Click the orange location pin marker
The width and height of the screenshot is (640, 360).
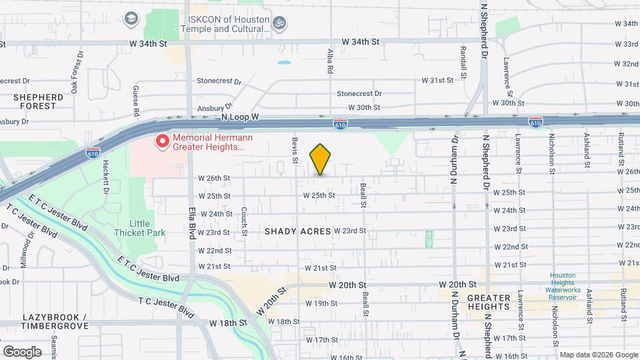(x=321, y=159)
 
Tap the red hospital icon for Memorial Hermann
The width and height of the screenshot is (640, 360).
(x=161, y=141)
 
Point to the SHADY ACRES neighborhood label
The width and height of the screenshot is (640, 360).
(x=297, y=231)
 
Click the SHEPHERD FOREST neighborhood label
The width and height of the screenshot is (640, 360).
(x=38, y=101)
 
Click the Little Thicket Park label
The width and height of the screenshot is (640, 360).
(x=140, y=228)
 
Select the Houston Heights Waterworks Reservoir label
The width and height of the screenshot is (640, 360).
(x=565, y=286)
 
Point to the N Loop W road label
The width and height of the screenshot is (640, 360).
(x=239, y=117)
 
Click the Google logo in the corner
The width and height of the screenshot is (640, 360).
(x=22, y=352)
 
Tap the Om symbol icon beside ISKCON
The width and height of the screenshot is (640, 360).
(x=280, y=23)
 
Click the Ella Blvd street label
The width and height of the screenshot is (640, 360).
(x=191, y=231)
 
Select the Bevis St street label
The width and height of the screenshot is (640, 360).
(x=294, y=149)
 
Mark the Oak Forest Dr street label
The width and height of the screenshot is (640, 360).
(x=78, y=62)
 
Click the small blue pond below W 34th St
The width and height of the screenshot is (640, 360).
(x=285, y=63)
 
